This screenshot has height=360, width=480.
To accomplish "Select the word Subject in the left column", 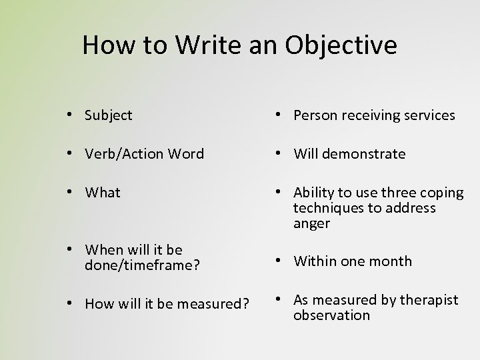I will (x=109, y=115).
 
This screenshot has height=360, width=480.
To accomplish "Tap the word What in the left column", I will (x=103, y=193).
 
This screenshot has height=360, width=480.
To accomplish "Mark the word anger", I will (x=311, y=223).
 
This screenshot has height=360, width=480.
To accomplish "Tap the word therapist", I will (x=428, y=300).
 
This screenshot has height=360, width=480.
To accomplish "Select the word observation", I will (x=331, y=315).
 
